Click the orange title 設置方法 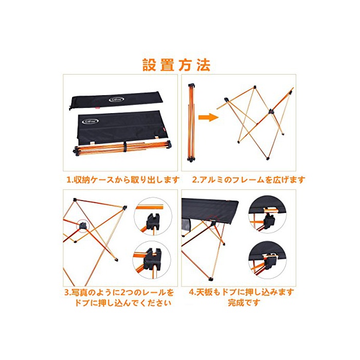176,65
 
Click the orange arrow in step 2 208,118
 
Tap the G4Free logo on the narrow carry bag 116,99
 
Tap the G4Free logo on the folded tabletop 90,121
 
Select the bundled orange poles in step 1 122,149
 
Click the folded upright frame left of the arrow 191,123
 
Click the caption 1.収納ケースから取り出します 123,179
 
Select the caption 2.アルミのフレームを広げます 248,179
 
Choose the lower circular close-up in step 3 152,260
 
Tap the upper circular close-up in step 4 267,214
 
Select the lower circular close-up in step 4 267,260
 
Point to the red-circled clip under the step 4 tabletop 213,221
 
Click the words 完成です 244,302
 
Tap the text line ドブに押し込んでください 122,303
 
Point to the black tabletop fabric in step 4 210,210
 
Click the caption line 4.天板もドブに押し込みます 242,292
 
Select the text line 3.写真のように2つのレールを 119,292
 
